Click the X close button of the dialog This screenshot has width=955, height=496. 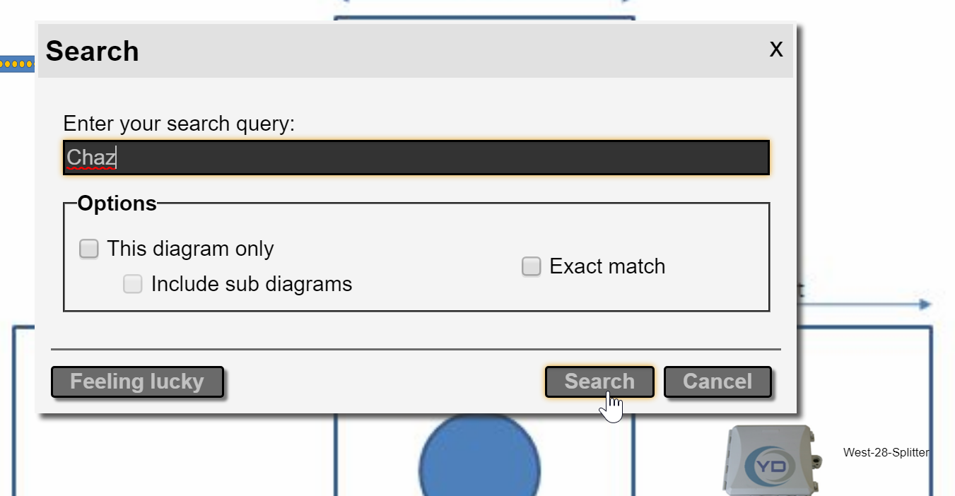tap(776, 49)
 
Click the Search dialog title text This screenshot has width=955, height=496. tap(92, 51)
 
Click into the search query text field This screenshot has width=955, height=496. tap(416, 158)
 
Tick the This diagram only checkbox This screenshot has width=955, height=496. tap(88, 249)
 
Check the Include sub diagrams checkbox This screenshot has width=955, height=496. tap(133, 284)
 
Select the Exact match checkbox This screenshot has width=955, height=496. tap(531, 266)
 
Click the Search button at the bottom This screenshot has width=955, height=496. tap(599, 382)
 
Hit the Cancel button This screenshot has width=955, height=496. tap(717, 382)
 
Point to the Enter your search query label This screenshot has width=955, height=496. tap(179, 124)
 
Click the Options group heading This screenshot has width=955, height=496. tap(117, 203)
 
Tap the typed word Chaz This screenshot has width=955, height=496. tap(91, 158)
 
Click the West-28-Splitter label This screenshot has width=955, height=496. tap(886, 452)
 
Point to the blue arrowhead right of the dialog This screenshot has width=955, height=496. tap(925, 305)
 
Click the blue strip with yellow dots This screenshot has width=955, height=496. tap(17, 64)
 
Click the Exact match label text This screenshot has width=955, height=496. tap(607, 266)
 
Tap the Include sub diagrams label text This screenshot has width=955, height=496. tap(252, 284)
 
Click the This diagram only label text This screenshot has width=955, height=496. tap(190, 249)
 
